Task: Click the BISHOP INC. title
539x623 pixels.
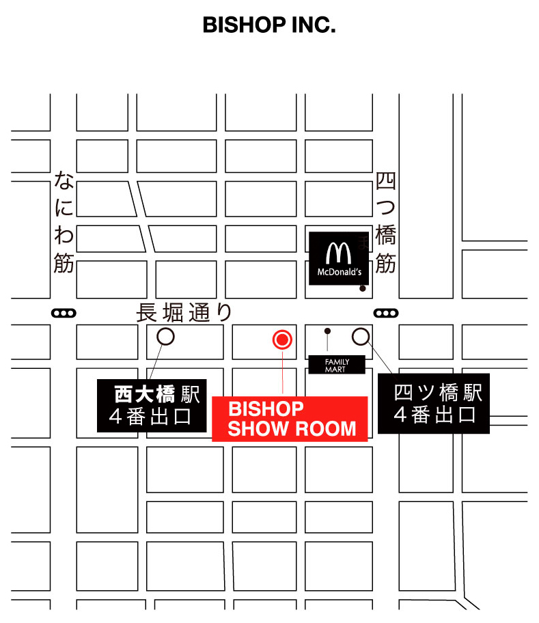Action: click(x=269, y=26)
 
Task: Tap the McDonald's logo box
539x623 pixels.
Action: click(x=339, y=258)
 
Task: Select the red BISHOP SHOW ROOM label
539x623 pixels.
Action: click(x=290, y=418)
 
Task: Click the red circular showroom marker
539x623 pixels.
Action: click(x=282, y=338)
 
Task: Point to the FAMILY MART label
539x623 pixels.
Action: click(x=337, y=365)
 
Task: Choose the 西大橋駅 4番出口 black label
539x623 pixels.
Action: click(x=152, y=406)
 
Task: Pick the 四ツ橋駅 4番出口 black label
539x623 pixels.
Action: click(x=434, y=404)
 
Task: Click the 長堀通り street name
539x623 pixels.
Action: click(x=184, y=312)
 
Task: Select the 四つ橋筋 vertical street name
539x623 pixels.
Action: click(x=386, y=223)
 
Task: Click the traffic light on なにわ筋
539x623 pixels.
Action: click(x=64, y=314)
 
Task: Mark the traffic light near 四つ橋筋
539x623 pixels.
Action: click(x=385, y=314)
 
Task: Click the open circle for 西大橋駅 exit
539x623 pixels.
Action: click(x=165, y=336)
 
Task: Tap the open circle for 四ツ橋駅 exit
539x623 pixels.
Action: click(x=360, y=336)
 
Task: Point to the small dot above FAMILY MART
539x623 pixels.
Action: click(x=327, y=331)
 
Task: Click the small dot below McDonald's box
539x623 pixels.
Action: click(x=363, y=288)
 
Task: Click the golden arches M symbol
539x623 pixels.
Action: click(x=338, y=253)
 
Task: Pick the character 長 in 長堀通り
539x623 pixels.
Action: click(x=147, y=313)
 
